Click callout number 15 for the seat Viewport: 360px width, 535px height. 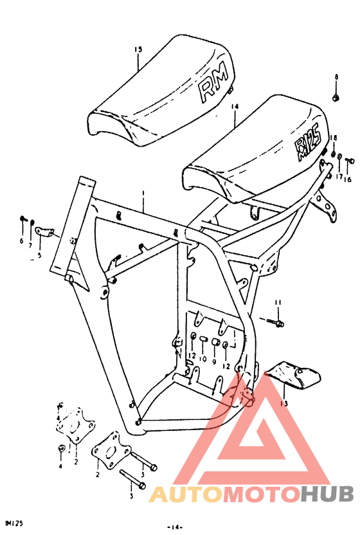pyautogui.click(x=138, y=50)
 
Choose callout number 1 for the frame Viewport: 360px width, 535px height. pyautogui.click(x=143, y=193)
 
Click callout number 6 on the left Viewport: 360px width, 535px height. pyautogui.click(x=21, y=241)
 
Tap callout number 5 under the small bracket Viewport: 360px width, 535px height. pyautogui.click(x=39, y=255)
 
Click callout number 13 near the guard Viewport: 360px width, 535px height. pyautogui.click(x=283, y=404)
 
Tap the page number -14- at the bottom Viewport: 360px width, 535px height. pyautogui.click(x=175, y=527)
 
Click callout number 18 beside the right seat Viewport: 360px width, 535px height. pyautogui.click(x=334, y=139)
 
